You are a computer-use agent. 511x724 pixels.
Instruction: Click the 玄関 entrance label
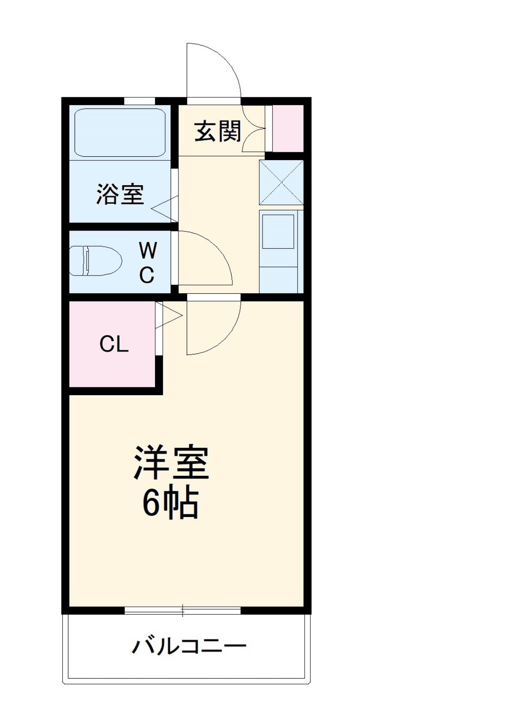click(x=218, y=132)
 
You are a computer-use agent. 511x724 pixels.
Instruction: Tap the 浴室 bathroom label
click(x=120, y=194)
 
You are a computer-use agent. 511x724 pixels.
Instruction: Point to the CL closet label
click(x=114, y=344)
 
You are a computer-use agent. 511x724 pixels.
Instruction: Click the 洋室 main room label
click(x=171, y=463)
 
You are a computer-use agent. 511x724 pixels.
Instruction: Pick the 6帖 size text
click(x=171, y=504)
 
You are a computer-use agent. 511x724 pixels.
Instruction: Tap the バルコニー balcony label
click(x=189, y=646)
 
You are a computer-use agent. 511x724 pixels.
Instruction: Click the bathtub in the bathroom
click(x=120, y=132)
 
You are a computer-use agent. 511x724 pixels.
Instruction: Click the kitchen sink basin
click(x=278, y=231)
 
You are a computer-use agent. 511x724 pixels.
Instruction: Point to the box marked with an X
click(x=281, y=182)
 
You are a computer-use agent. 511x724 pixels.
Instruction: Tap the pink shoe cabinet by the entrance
click(x=288, y=128)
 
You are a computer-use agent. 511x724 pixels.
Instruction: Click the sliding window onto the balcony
click(x=183, y=610)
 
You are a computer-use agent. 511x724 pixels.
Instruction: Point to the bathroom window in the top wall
click(x=139, y=101)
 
